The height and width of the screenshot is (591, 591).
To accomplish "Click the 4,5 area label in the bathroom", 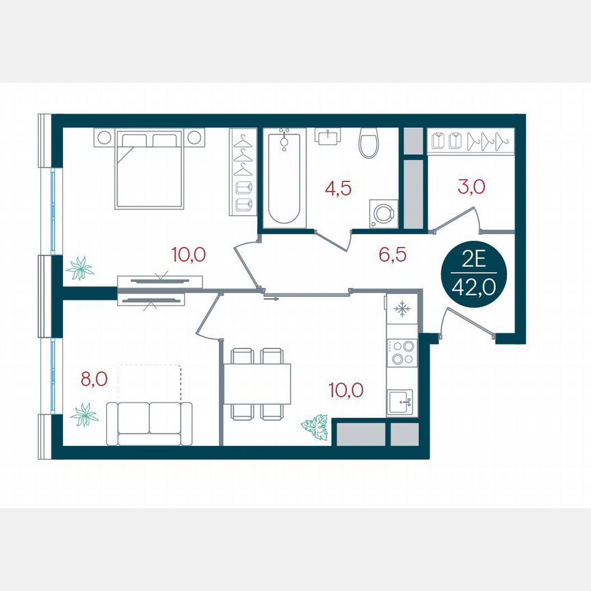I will point(338,189).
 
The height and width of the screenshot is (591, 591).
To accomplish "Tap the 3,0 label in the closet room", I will point(472,186).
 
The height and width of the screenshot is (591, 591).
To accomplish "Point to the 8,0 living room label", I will point(94,379).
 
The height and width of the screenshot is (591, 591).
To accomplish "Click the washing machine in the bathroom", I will point(382,213).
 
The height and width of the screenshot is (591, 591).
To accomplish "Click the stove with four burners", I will point(402,352).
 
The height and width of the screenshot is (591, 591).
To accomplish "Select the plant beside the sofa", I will point(85,415).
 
